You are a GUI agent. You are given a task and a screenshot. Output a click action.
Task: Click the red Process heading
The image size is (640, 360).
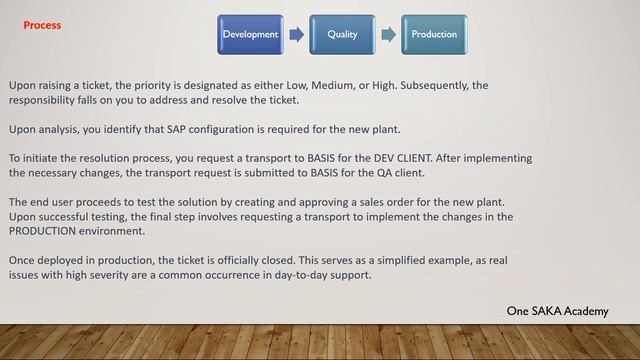click(x=42, y=25)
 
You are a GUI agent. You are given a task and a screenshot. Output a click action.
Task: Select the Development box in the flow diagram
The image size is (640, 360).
click(x=250, y=34)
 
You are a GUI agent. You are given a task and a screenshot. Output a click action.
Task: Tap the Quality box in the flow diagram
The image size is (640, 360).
click(x=342, y=34)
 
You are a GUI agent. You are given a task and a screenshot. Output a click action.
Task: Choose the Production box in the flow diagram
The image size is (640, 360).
click(x=434, y=34)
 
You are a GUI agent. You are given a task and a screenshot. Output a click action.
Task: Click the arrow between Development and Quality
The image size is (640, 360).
click(x=296, y=34)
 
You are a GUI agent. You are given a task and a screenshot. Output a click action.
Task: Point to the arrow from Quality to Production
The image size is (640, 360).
click(x=388, y=34)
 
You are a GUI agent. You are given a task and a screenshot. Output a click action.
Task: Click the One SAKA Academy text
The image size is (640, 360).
click(x=557, y=312)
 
